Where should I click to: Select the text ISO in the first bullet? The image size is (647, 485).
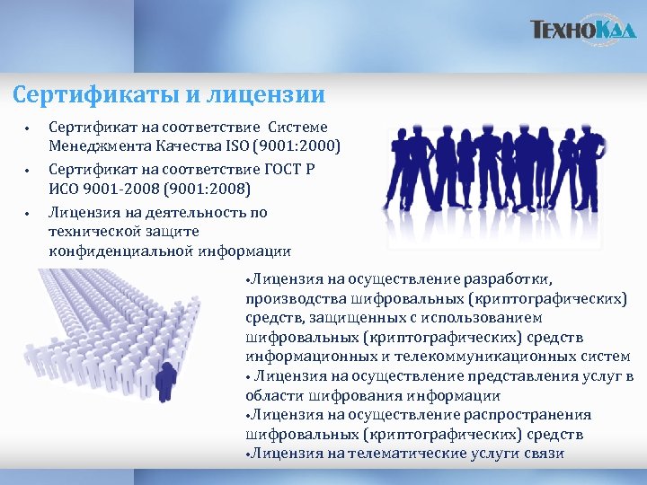[x=242, y=145]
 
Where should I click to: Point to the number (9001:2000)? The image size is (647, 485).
[x=300, y=145]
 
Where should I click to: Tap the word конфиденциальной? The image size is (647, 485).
[x=122, y=251]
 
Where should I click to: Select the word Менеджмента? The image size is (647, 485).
[x=96, y=145]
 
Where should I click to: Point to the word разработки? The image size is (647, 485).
[x=513, y=278]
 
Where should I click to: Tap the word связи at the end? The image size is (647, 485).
[x=544, y=454]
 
